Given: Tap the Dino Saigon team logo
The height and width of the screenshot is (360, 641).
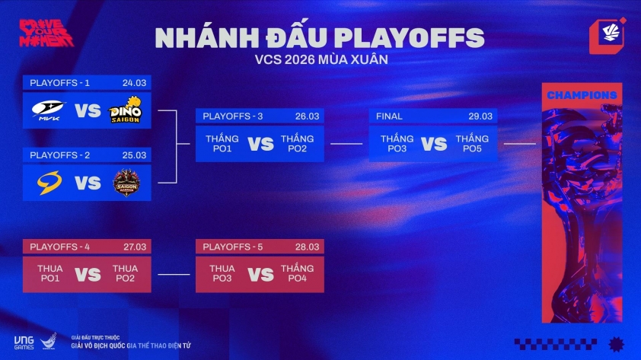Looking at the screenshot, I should [126, 110].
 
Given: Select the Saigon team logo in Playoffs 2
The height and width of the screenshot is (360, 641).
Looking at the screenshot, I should [126, 183].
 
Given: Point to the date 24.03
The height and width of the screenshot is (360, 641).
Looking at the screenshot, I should [134, 82].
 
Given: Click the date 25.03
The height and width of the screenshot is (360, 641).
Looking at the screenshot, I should [134, 155].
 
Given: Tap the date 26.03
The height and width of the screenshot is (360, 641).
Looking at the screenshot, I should [308, 116].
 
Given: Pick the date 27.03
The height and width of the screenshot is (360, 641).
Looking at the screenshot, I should [134, 247].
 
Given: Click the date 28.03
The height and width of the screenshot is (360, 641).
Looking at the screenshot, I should [308, 247].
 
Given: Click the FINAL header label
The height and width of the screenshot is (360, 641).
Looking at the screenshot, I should [389, 116].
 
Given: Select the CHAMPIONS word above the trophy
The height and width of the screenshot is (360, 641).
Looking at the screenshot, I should [582, 95].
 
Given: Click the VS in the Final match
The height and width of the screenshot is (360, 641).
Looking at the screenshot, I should [434, 144].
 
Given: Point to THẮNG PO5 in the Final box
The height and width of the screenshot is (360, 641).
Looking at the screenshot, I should [472, 144].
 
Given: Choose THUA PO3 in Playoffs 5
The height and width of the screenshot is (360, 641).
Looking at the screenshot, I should [222, 274].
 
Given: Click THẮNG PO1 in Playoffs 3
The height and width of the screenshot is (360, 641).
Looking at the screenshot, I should [222, 144].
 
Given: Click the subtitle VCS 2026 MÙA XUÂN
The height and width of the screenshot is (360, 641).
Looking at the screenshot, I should [320, 59].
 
